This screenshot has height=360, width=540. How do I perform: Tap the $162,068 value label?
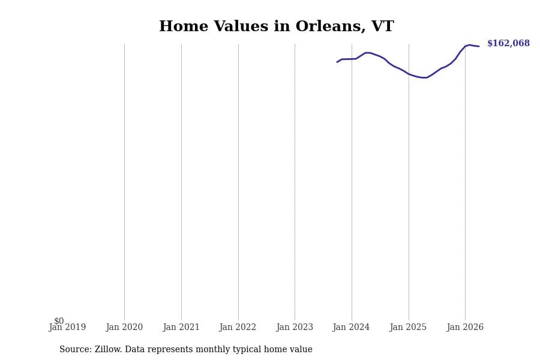pos(508,43)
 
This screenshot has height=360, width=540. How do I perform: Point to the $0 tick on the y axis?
pos(59,321)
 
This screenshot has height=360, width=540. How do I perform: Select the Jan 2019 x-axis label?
pos(67,327)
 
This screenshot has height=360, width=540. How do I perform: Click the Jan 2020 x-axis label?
pos(124,327)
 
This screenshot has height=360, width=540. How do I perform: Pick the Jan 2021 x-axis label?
pos(181,327)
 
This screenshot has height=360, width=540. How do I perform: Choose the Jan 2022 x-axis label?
pos(238,327)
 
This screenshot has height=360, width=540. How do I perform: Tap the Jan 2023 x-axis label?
pos(295,327)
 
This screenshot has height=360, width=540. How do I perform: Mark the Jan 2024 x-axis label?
pos(351,327)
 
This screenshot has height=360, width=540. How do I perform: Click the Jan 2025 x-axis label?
pos(408,327)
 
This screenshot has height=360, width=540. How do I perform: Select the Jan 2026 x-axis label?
pos(465,327)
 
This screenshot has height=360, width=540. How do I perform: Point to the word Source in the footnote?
pos(76,349)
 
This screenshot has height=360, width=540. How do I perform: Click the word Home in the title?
pos(184,26)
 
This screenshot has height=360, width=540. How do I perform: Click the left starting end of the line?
pos(337,62)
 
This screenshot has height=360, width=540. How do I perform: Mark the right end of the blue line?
pos(479,46)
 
